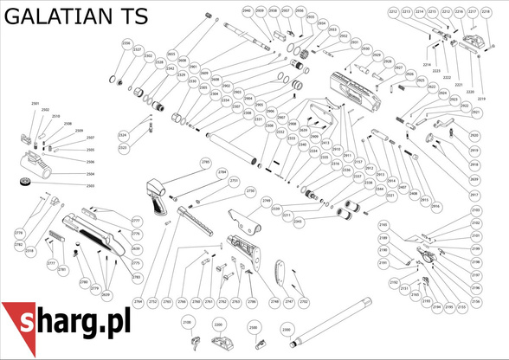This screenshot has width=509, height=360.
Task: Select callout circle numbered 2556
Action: pyautogui.click(x=126, y=43)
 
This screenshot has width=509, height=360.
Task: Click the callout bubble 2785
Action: pyautogui.click(x=206, y=162)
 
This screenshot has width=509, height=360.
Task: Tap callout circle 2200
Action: pyautogui.click(x=218, y=326)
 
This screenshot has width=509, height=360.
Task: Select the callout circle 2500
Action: pyautogui.click(x=254, y=328)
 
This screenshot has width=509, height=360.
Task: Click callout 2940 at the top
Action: pyautogui.click(x=247, y=10)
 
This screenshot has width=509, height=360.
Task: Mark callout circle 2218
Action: pyautogui.click(x=486, y=11)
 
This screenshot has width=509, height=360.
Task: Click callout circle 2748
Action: pyautogui.click(x=274, y=302)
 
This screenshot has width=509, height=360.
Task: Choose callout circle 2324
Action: pyautogui.click(x=123, y=136)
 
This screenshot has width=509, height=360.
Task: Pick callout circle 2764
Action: pyautogui.click(x=138, y=302)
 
